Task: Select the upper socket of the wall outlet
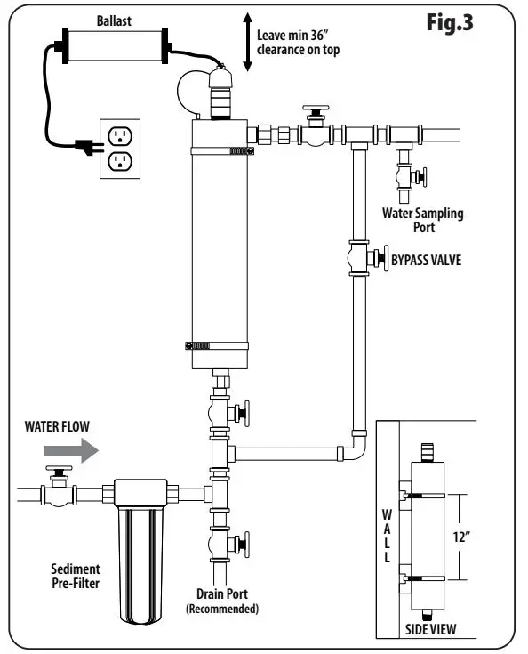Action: pos(119,135)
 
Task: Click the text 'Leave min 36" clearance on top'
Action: pos(297,41)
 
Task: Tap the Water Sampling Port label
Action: pos(422,219)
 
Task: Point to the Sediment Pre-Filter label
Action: pos(74,576)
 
